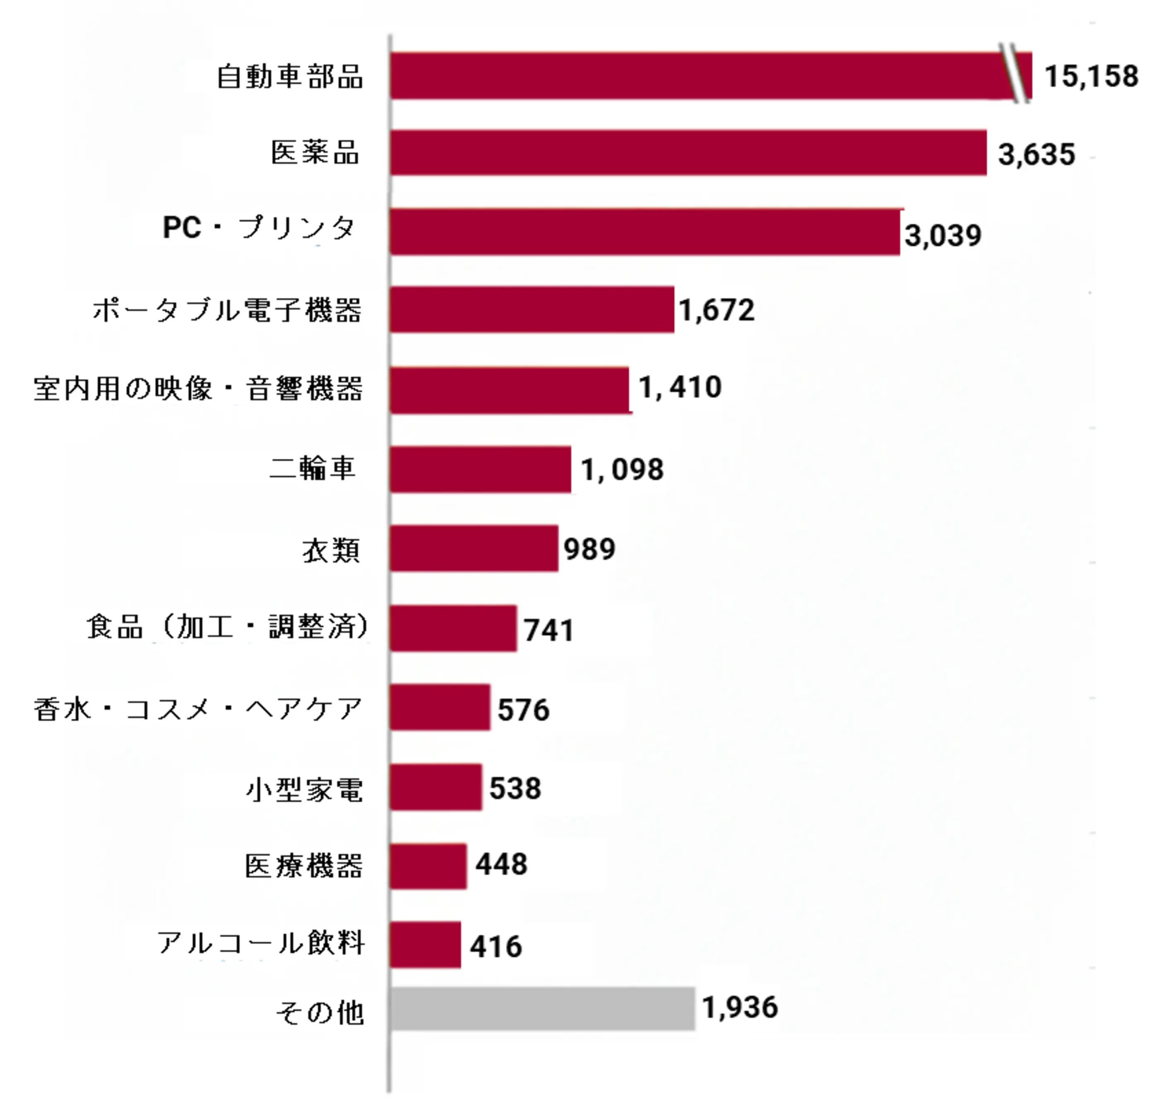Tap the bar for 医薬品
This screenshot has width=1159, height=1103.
(688, 153)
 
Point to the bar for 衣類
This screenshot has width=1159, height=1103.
(474, 548)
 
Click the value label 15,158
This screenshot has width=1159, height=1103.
(1092, 77)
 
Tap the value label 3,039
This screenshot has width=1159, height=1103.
(943, 236)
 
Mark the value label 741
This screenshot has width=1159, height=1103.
(548, 630)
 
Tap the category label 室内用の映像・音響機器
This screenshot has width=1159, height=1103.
(198, 389)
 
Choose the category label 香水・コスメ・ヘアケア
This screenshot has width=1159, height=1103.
(198, 709)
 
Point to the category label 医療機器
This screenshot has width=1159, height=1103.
(303, 866)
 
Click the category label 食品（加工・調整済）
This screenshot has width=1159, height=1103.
(228, 627)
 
